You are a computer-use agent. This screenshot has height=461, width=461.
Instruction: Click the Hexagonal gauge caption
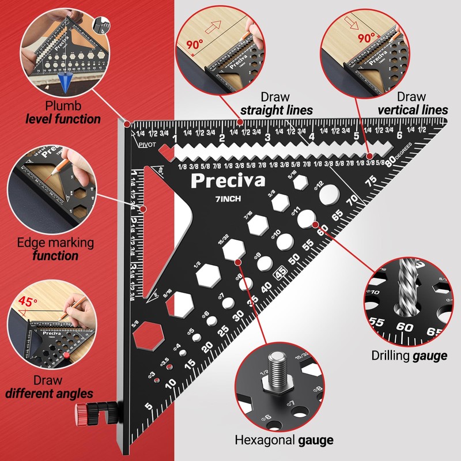284,441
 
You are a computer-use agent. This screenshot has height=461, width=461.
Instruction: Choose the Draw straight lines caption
277,103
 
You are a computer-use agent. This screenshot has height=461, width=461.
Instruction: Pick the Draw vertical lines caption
412,103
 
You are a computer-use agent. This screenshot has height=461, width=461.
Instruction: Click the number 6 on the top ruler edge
399,136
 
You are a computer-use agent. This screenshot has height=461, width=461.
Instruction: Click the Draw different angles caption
49,387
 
